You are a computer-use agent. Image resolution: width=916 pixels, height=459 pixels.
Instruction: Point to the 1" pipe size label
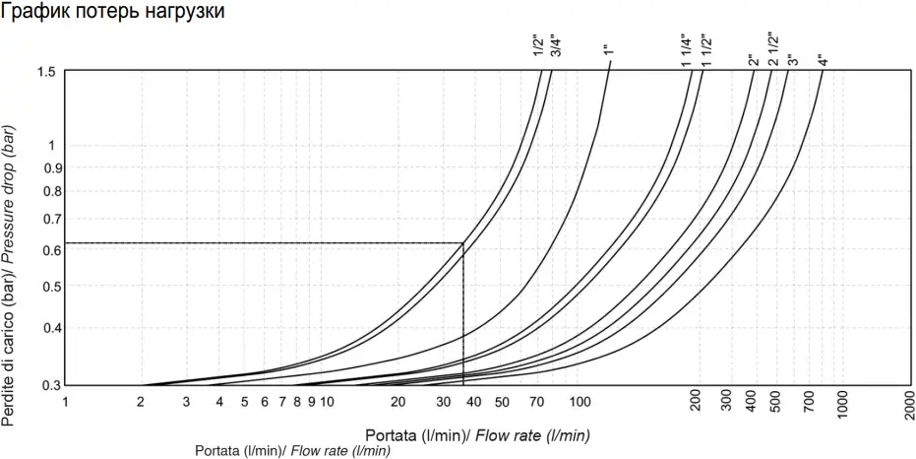click(x=609, y=51)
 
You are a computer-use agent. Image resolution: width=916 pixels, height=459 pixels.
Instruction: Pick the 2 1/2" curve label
click(x=774, y=48)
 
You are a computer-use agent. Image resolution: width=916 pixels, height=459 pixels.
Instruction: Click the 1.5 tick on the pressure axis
click(x=47, y=72)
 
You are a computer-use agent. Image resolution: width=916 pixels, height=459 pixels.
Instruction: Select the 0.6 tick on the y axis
click(x=47, y=250)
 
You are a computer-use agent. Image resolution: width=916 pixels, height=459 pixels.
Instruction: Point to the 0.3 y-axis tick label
click(x=47, y=385)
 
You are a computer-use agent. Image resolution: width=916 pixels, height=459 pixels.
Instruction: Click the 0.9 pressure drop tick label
click(x=47, y=168)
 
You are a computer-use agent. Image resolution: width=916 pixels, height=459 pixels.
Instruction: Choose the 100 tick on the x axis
click(x=580, y=403)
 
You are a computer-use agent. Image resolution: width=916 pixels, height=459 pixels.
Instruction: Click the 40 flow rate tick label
click(x=473, y=403)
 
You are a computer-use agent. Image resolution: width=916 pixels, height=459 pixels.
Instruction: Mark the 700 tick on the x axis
click(x=809, y=403)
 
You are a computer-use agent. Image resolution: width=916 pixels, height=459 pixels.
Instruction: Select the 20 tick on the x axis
click(x=398, y=403)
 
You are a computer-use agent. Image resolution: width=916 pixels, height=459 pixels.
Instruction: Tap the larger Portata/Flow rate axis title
click(x=477, y=434)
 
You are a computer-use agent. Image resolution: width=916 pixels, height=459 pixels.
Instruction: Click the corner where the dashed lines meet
click(x=463, y=242)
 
